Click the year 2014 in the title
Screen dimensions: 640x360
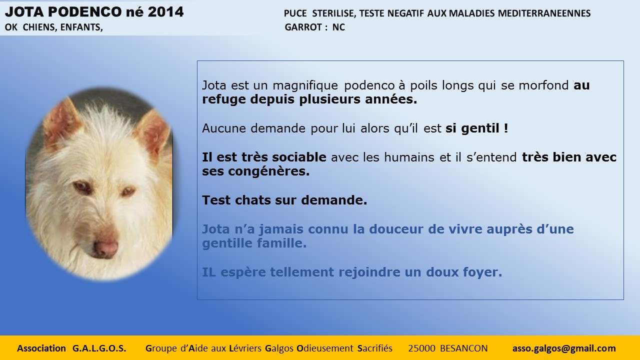point(165,12)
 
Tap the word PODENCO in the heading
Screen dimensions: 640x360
point(85,12)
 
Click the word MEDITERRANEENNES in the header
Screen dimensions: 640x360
point(544,13)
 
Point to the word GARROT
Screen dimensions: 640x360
point(303,27)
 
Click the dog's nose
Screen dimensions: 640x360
point(106,248)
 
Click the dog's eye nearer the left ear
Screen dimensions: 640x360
point(82,187)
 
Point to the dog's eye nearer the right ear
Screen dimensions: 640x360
point(127,191)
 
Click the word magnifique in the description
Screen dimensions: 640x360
point(305,85)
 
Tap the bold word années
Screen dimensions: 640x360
point(391,99)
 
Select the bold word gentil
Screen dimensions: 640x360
point(480,128)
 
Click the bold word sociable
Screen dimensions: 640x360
point(299,157)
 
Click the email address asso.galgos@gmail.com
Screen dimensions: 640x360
point(564,348)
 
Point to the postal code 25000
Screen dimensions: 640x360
point(421,348)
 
